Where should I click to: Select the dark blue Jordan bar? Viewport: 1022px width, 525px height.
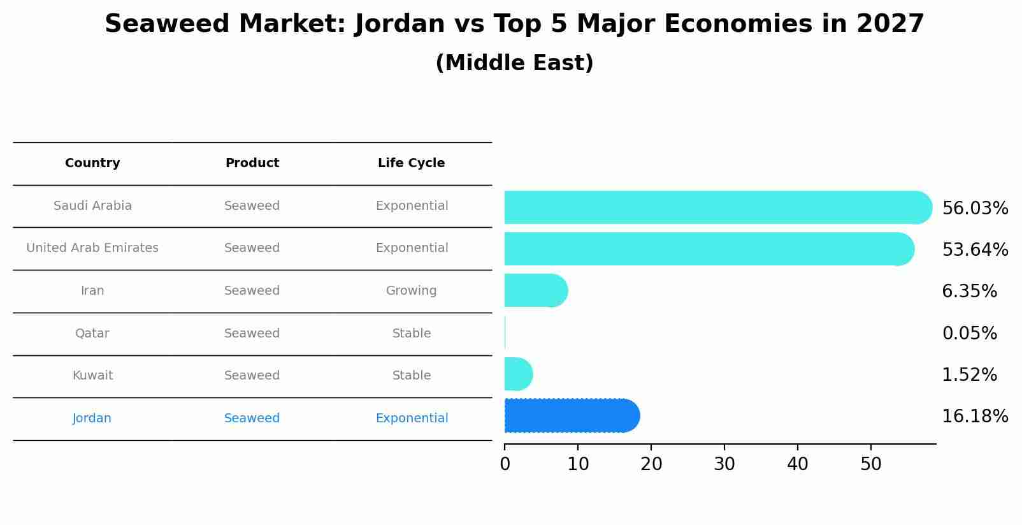(x=571, y=416)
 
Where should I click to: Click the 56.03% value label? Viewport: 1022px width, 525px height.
(x=974, y=209)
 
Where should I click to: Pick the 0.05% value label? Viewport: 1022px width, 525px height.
(x=969, y=333)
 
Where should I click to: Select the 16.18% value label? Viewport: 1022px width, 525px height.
(x=974, y=417)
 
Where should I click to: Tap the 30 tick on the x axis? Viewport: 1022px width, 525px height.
(x=724, y=464)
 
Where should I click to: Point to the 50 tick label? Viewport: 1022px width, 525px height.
(x=871, y=464)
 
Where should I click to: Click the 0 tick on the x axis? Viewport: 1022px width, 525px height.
(x=505, y=464)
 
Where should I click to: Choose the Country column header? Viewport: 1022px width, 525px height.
(x=92, y=163)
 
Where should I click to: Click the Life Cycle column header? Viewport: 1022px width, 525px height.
(x=411, y=163)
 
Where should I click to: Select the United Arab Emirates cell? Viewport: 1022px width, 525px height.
(x=92, y=248)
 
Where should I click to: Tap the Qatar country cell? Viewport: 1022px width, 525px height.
(x=92, y=334)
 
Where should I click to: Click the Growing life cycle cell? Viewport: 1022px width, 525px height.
(x=411, y=291)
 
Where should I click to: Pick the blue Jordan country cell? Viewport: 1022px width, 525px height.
(x=92, y=418)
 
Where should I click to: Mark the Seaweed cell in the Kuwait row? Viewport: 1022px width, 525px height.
(x=252, y=376)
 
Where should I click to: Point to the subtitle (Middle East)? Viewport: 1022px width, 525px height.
(x=514, y=63)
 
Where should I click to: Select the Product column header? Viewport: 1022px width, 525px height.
(x=252, y=163)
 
